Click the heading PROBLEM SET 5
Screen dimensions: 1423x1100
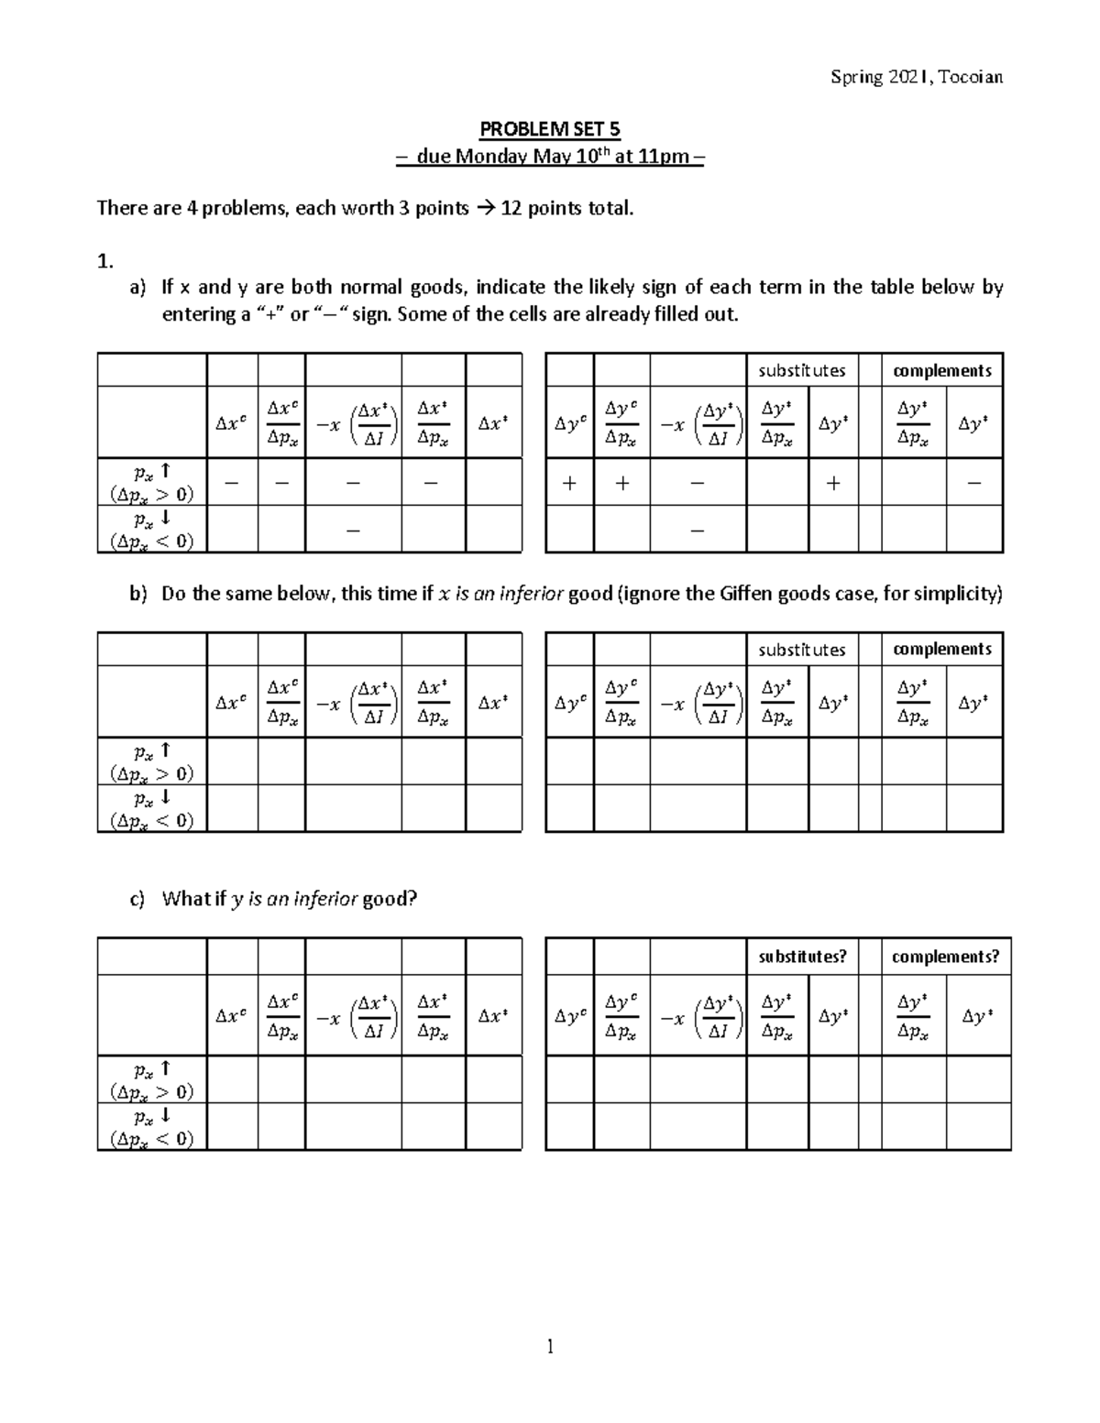pyautogui.click(x=550, y=129)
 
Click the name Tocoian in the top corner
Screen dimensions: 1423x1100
pyautogui.click(x=971, y=77)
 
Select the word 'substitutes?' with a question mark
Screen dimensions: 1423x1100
pyautogui.click(x=802, y=957)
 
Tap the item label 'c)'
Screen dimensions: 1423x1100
pyautogui.click(x=137, y=899)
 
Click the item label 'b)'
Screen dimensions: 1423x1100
pyautogui.click(x=137, y=594)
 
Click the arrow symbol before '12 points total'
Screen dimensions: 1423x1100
pyautogui.click(x=485, y=208)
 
